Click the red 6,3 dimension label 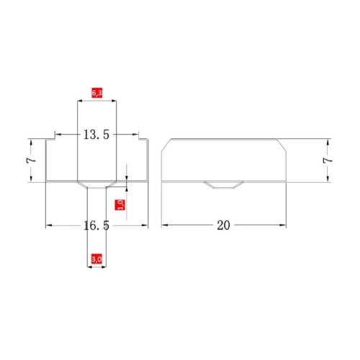tap(97, 93)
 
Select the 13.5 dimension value tap(96, 135)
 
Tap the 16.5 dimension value tap(96, 225)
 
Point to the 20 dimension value tap(223, 225)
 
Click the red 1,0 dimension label tap(120, 204)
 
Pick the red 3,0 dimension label tap(96, 259)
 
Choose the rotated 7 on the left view tap(31, 160)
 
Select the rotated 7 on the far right tap(328, 161)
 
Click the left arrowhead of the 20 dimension tap(165, 225)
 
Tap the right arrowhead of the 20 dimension tap(283, 225)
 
